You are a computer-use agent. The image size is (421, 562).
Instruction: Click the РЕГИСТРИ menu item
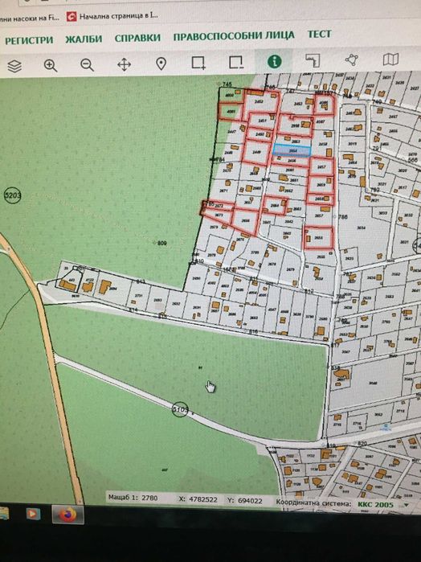pyautogui.click(x=30, y=38)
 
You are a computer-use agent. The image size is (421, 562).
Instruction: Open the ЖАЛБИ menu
pyautogui.click(x=84, y=38)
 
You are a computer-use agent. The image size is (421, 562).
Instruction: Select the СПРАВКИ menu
pyautogui.click(x=137, y=38)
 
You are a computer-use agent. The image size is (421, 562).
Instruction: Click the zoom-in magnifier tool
pyautogui.click(x=51, y=65)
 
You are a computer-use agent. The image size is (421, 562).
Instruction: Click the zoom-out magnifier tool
pyautogui.click(x=87, y=65)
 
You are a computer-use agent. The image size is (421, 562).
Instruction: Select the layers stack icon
pyautogui.click(x=14, y=65)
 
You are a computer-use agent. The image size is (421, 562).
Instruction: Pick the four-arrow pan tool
pyautogui.click(x=124, y=64)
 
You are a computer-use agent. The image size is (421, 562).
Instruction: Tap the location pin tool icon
pyautogui.click(x=161, y=64)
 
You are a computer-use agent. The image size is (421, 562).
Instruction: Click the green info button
pyautogui.click(x=275, y=61)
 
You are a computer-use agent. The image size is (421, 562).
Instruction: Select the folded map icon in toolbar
pyautogui.click(x=391, y=59)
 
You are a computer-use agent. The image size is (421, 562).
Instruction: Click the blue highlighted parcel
pyautogui.click(x=292, y=150)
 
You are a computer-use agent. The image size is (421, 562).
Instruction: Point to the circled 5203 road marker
pyautogui.click(x=12, y=195)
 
